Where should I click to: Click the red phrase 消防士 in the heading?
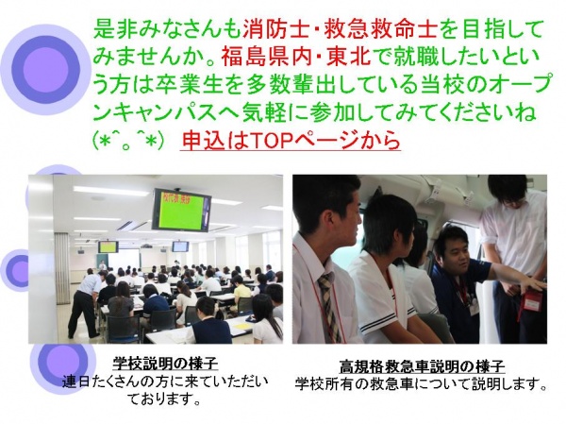[x=276, y=29]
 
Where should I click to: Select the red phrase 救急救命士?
[x=381, y=29]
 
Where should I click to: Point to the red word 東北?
[x=349, y=57]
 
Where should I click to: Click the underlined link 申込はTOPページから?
[x=291, y=140]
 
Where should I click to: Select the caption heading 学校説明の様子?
[x=165, y=363]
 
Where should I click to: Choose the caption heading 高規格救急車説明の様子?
[x=422, y=367]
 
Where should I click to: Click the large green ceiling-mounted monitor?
[x=181, y=210]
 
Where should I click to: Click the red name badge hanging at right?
[x=532, y=300]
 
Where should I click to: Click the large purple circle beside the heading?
[x=45, y=68]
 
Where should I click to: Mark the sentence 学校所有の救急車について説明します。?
[x=420, y=383]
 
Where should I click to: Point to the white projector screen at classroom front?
[x=125, y=258]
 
